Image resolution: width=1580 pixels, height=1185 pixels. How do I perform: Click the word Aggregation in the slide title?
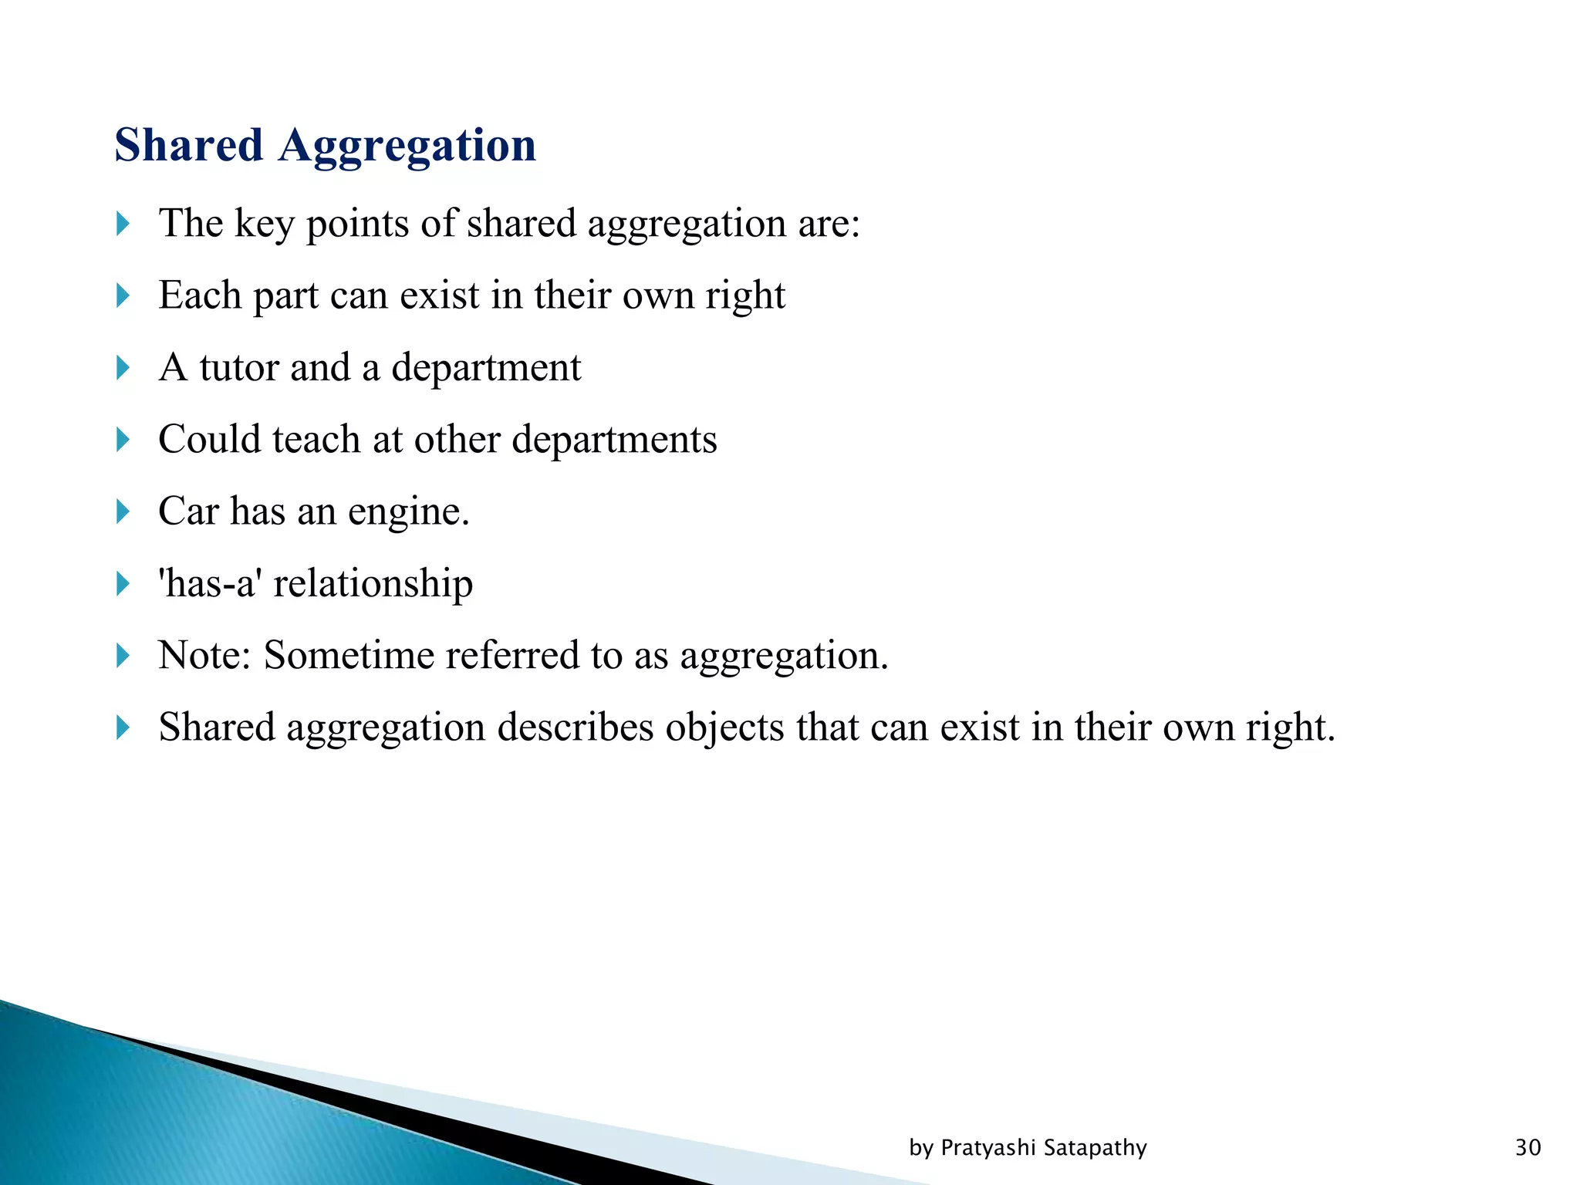click(407, 147)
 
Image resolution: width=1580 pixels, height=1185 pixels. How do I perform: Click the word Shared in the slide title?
click(189, 145)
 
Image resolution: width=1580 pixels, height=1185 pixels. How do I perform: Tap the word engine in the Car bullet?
click(407, 512)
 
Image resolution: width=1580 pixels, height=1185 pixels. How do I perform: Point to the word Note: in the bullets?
click(204, 656)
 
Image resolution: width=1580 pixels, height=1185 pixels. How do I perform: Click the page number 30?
click(1528, 1148)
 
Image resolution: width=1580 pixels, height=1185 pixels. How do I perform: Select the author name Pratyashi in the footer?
click(988, 1148)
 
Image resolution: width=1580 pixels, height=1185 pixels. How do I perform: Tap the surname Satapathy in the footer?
click(1095, 1148)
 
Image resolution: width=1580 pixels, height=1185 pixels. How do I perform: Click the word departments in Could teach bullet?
click(614, 440)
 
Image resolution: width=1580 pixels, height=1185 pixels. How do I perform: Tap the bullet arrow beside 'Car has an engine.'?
click(123, 511)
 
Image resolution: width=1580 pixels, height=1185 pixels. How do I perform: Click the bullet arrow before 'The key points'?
click(123, 224)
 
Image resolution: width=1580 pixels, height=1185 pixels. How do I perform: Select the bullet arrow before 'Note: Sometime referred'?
click(123, 656)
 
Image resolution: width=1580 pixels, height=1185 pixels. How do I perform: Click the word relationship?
click(373, 583)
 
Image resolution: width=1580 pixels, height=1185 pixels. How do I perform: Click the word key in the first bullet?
click(264, 225)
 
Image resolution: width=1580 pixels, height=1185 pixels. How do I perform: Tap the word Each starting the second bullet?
click(199, 295)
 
